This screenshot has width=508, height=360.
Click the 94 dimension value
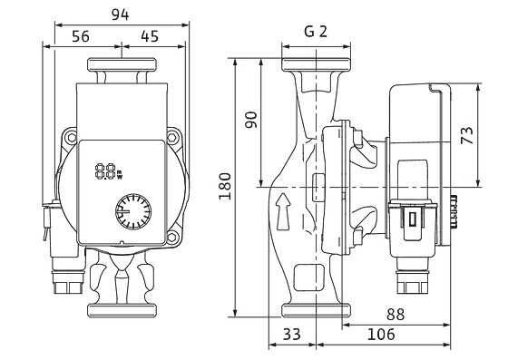[120, 15]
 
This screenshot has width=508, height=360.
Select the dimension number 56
[81, 36]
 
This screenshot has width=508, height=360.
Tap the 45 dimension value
[150, 36]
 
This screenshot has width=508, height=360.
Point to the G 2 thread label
[316, 32]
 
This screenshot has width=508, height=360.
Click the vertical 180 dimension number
[225, 187]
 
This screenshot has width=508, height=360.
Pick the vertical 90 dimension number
[250, 120]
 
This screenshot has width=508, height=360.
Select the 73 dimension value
[467, 135]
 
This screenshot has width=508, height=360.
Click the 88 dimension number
[396, 314]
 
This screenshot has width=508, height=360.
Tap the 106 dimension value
[381, 334]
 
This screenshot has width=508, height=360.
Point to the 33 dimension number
[292, 334]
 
